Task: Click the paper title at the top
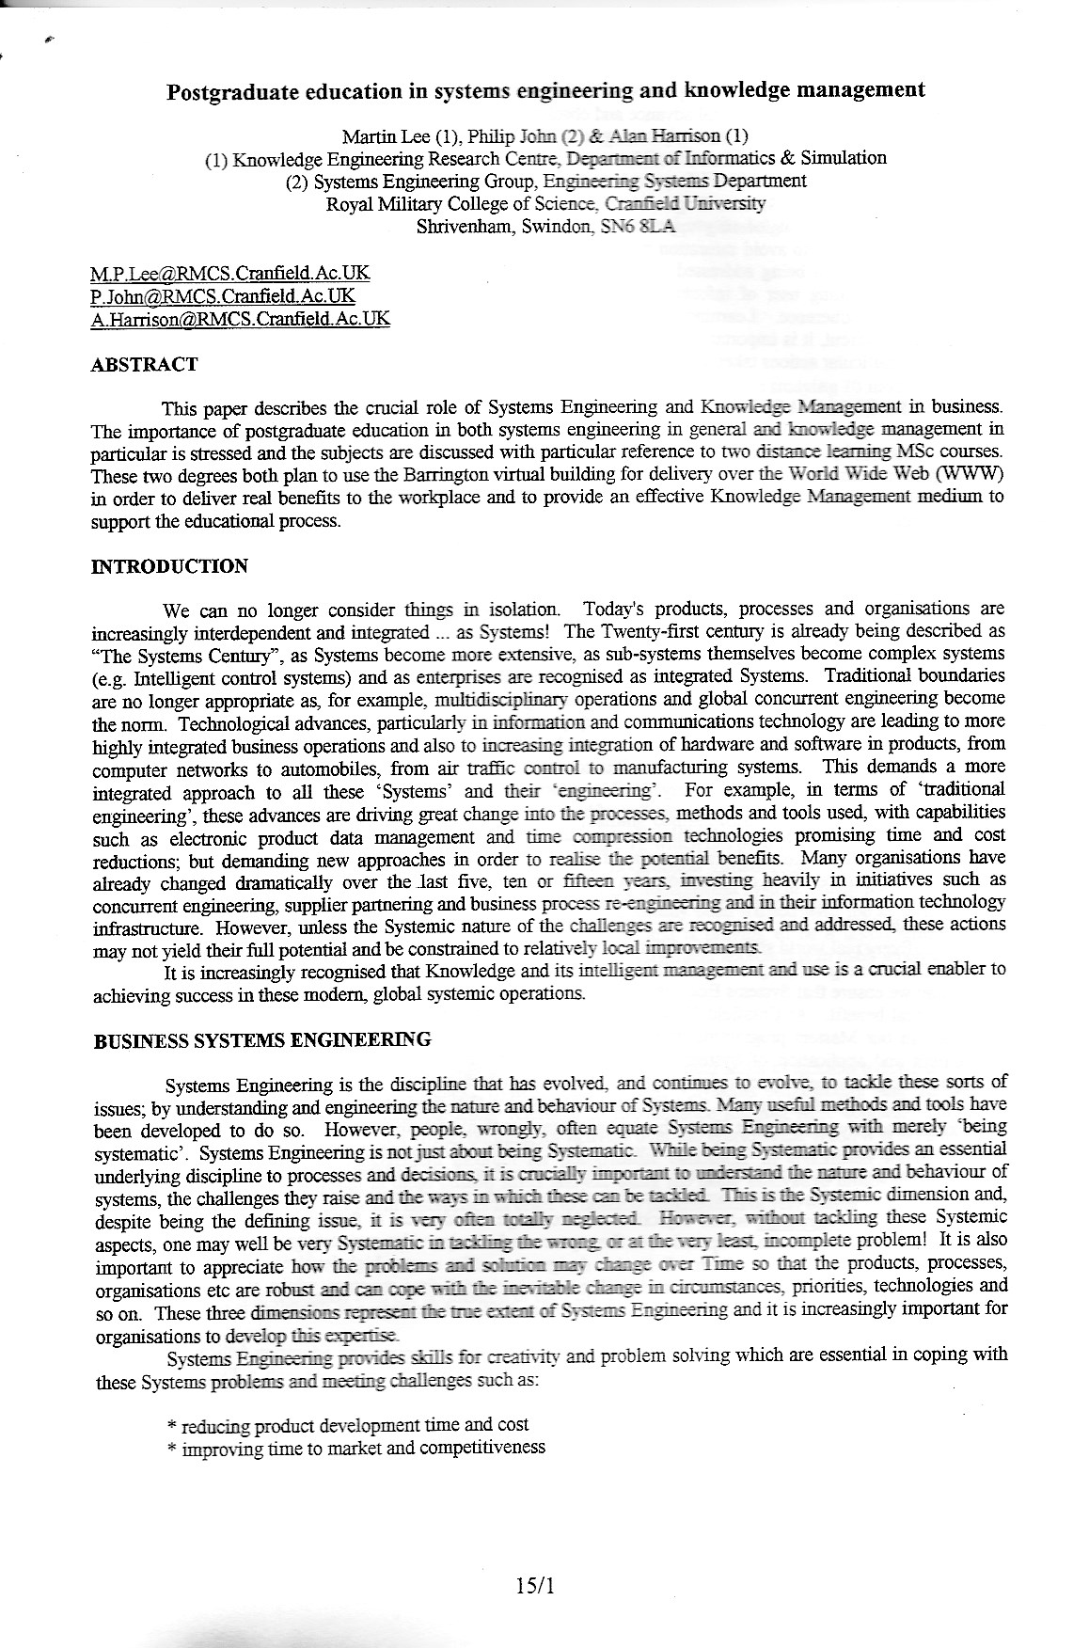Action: [x=545, y=90]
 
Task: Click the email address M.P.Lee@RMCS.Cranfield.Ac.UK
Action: [x=229, y=273]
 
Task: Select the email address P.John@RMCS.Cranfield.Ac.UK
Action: [x=222, y=295]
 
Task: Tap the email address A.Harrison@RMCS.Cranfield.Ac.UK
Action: [x=240, y=318]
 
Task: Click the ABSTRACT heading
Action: [x=144, y=364]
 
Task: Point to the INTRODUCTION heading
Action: [x=169, y=566]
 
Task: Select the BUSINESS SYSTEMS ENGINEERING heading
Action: [x=262, y=1039]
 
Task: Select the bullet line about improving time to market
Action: [x=355, y=1448]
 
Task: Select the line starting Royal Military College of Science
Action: [x=545, y=203]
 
